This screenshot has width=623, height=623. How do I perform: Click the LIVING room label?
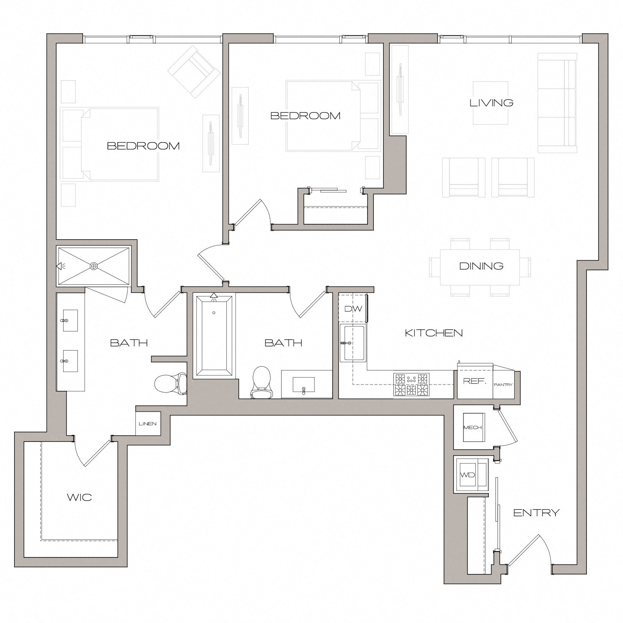[491, 103]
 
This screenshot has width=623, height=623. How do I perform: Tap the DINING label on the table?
[481, 266]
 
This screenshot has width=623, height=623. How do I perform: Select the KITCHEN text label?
[434, 333]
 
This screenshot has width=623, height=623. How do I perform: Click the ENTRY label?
[536, 513]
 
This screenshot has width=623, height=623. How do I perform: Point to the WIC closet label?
[79, 497]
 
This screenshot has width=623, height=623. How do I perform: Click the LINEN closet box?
[148, 424]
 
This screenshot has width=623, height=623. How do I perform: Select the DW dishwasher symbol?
[353, 309]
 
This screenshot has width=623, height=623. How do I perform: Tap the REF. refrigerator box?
[474, 381]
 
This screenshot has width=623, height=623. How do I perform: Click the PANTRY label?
[503, 385]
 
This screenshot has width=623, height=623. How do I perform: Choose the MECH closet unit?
[473, 427]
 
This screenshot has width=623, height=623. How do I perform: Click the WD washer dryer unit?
[468, 475]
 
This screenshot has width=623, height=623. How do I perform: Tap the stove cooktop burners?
[411, 384]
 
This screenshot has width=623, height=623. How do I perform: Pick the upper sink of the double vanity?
[70, 321]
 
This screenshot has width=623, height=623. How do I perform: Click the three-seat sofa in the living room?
[557, 103]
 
